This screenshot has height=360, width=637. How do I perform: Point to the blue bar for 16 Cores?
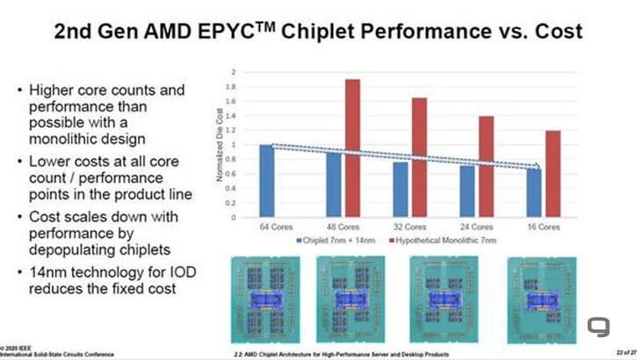click(x=534, y=192)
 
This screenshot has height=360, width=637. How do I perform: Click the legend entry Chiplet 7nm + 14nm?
click(x=337, y=239)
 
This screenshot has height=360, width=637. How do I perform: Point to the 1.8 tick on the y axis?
click(x=231, y=86)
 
